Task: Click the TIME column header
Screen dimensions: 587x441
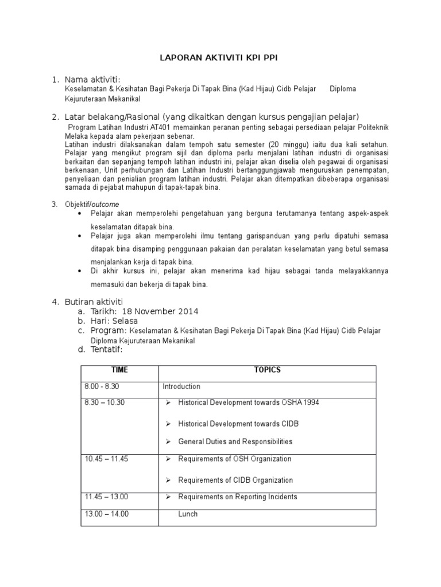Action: (x=119, y=370)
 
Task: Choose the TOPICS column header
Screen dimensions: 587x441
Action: (x=267, y=370)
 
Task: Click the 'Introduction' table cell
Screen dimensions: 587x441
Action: (x=181, y=386)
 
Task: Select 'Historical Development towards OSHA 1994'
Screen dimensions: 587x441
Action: (x=249, y=402)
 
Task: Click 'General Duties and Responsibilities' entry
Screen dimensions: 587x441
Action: (x=235, y=441)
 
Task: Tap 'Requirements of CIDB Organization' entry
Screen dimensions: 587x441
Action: (x=235, y=480)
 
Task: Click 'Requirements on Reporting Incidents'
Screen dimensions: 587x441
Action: (x=238, y=496)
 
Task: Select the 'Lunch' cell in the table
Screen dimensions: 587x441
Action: (x=188, y=514)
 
